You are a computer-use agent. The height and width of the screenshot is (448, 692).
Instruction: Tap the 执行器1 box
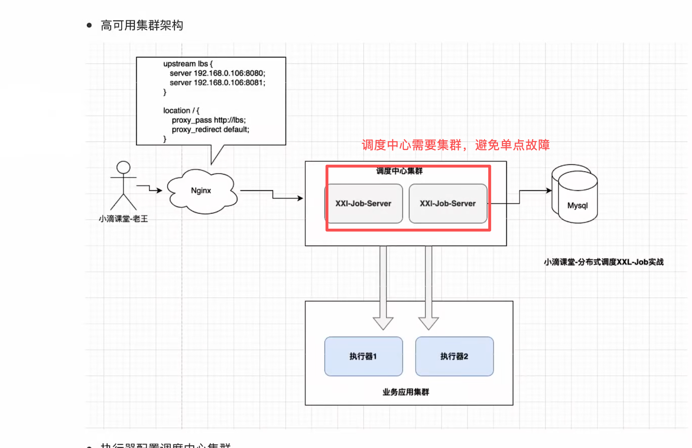pos(363,356)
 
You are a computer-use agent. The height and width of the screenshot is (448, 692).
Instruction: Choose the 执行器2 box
pos(454,356)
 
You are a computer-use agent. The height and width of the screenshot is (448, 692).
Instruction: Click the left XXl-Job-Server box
pos(363,204)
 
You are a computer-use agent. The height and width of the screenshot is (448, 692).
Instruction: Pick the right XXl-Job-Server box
pos(448,204)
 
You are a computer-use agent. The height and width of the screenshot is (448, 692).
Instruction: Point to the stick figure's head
pos(123,168)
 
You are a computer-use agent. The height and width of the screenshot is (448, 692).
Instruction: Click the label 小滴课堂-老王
pos(123,219)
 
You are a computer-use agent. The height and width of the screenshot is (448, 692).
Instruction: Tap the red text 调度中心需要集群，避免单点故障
pos(455,145)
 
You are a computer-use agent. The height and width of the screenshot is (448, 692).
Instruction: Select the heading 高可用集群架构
pos(142,26)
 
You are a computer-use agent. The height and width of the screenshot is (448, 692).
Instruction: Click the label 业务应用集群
pos(406,392)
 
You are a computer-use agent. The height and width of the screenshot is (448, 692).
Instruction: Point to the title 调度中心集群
pos(399,171)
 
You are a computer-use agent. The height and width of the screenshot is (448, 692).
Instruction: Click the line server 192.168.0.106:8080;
pos(217,73)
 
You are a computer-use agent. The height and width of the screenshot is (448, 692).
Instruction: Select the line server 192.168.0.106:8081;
pos(217,83)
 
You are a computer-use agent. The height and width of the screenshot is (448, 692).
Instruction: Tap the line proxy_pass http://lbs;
pos(209,120)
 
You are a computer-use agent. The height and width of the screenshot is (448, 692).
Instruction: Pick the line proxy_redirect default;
pos(210,129)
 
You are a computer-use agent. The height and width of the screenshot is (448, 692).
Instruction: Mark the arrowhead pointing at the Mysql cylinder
pos(549,191)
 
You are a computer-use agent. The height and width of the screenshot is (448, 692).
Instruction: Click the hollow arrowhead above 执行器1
pos(383,323)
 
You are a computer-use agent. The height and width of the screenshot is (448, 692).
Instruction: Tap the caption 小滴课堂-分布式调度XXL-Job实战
pos(604,262)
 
